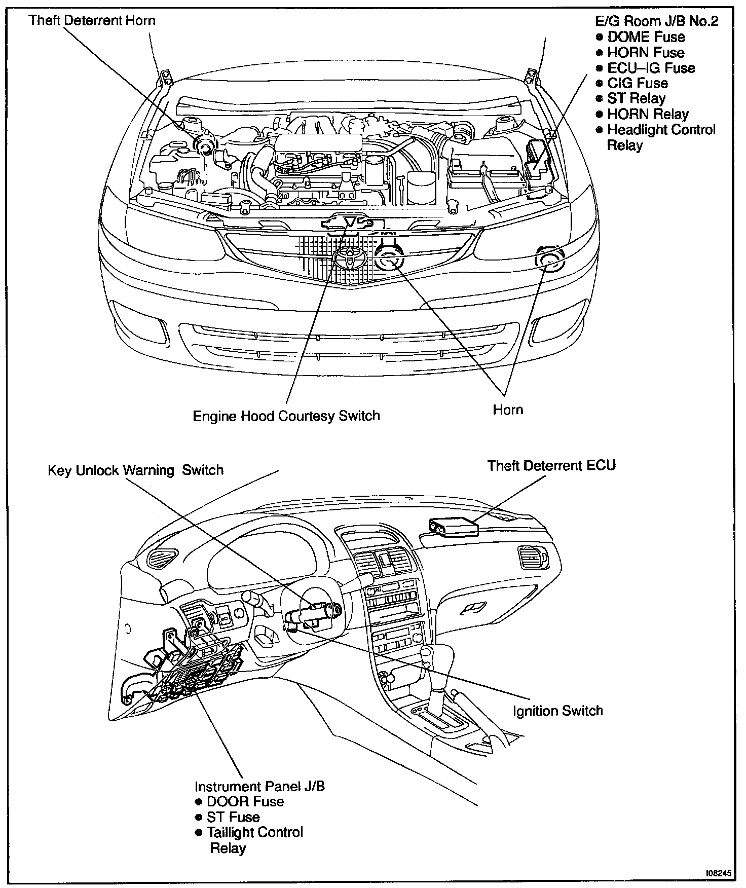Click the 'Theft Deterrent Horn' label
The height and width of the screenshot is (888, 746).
92,21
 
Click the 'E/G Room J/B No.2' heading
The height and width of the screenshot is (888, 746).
656,21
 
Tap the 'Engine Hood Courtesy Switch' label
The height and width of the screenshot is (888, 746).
286,416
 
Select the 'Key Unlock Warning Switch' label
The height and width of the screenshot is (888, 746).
135,470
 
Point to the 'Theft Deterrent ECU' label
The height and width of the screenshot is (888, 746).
551,465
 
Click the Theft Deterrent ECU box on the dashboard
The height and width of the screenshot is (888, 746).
454,526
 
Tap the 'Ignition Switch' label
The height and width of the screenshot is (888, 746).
557,711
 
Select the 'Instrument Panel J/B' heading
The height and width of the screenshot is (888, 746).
259,786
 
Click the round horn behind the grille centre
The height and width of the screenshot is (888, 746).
389,256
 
